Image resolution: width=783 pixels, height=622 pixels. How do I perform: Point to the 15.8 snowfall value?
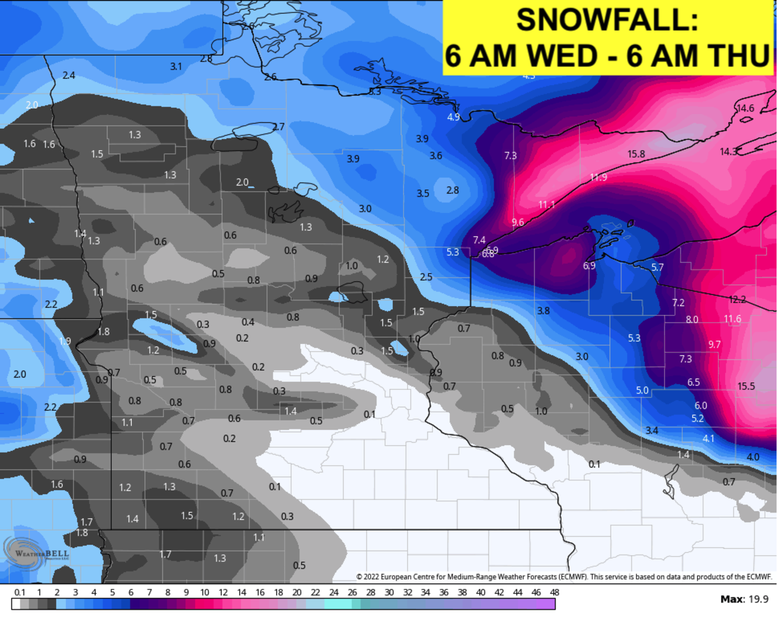pos(636,154)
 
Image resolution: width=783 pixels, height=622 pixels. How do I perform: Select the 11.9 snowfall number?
pos(598,178)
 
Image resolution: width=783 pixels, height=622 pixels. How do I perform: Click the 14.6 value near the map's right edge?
pos(745,108)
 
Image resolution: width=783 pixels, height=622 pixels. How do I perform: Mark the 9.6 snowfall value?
pos(518,223)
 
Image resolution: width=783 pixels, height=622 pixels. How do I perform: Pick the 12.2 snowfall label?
pos(737,300)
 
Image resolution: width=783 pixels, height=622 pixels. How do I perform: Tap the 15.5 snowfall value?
pos(746,386)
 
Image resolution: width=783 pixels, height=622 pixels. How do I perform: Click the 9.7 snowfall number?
pos(714,345)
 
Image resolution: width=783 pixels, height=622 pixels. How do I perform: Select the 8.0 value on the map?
pos(692,320)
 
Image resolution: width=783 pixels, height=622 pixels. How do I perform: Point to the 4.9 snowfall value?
pos(453,117)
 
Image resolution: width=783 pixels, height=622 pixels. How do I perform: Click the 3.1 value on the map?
pos(176,67)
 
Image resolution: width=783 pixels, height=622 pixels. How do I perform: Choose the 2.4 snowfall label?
pos(69,76)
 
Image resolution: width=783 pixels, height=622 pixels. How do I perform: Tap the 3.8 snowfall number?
pos(543,311)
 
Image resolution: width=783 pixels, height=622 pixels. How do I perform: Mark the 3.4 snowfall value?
pos(651,431)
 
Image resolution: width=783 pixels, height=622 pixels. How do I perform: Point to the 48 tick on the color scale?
pos(554,593)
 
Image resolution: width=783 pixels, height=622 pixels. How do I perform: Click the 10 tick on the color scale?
pos(205,593)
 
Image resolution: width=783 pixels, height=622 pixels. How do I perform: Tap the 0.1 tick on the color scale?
pos(20,593)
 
